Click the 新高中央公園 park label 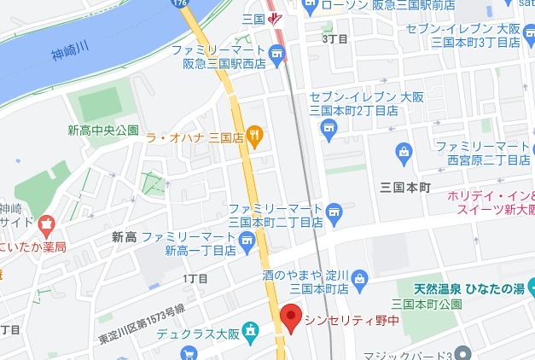103,131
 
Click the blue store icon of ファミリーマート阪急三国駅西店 276,56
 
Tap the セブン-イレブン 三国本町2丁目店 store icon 329,129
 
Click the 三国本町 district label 407,186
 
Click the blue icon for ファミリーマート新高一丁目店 249,243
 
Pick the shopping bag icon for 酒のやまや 360,277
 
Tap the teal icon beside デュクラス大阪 251,330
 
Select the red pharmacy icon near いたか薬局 44,228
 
